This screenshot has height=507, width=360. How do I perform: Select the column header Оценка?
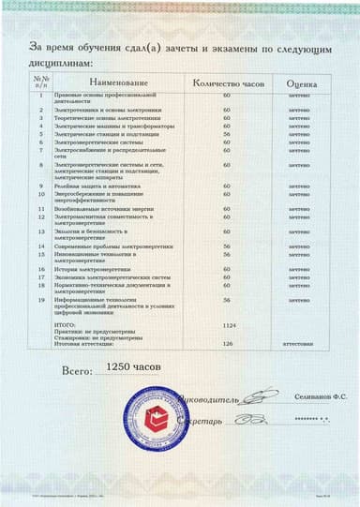coord(301,84)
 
